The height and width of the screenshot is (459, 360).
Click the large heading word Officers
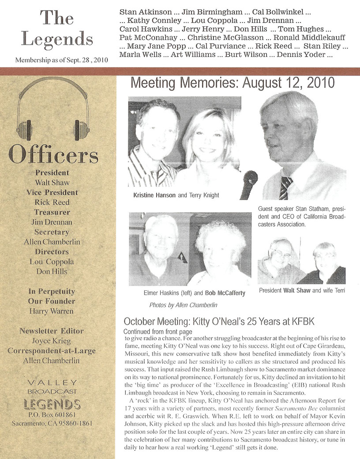(53, 155)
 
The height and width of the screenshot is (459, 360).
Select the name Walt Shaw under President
(52, 182)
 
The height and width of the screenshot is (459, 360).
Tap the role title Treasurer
(52, 212)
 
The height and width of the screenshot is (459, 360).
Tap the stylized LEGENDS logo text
(52, 404)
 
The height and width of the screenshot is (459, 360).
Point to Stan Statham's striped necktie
(285, 188)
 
